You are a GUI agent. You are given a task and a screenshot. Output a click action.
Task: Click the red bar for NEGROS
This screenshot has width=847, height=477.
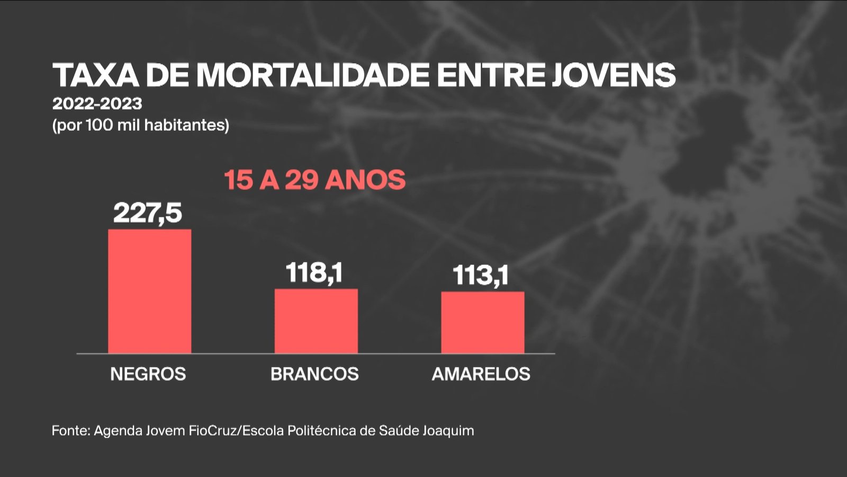[149, 291]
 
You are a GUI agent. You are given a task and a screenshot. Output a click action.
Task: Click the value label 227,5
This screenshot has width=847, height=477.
[148, 213]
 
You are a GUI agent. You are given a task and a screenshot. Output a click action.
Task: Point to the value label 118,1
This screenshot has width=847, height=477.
[314, 273]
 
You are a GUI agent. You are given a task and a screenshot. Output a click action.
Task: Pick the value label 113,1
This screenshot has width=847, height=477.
[481, 276]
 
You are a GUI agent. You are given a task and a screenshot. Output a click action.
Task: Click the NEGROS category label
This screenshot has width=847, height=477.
[148, 374]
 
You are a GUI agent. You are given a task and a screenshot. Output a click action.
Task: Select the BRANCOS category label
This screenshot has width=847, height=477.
[314, 374]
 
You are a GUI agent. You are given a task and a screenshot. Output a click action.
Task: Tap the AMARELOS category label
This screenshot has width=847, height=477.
[481, 374]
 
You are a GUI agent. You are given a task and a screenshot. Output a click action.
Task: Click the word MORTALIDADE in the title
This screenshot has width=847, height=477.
[312, 75]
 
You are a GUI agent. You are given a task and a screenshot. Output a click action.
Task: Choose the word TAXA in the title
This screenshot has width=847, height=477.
[95, 75]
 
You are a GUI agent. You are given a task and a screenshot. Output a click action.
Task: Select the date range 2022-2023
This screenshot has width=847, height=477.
[97, 103]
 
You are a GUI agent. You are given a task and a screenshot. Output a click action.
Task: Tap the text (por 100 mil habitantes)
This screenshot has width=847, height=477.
[141, 125]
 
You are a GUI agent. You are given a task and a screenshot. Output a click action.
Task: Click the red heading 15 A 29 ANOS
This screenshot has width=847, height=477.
[314, 180]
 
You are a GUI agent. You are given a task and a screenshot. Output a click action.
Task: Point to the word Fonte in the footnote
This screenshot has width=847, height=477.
[70, 430]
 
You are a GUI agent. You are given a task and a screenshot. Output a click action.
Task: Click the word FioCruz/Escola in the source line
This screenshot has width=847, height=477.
[237, 430]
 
